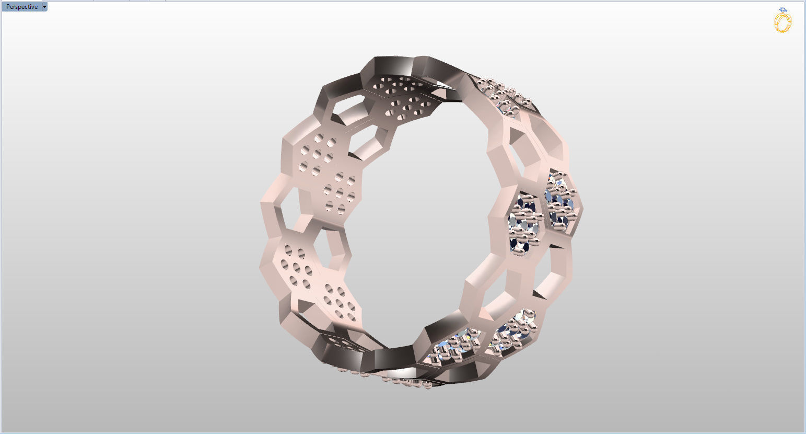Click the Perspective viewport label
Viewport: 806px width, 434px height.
click(x=22, y=7)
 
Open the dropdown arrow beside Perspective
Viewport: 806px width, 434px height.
click(x=44, y=7)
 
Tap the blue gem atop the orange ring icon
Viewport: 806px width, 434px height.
click(x=782, y=10)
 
